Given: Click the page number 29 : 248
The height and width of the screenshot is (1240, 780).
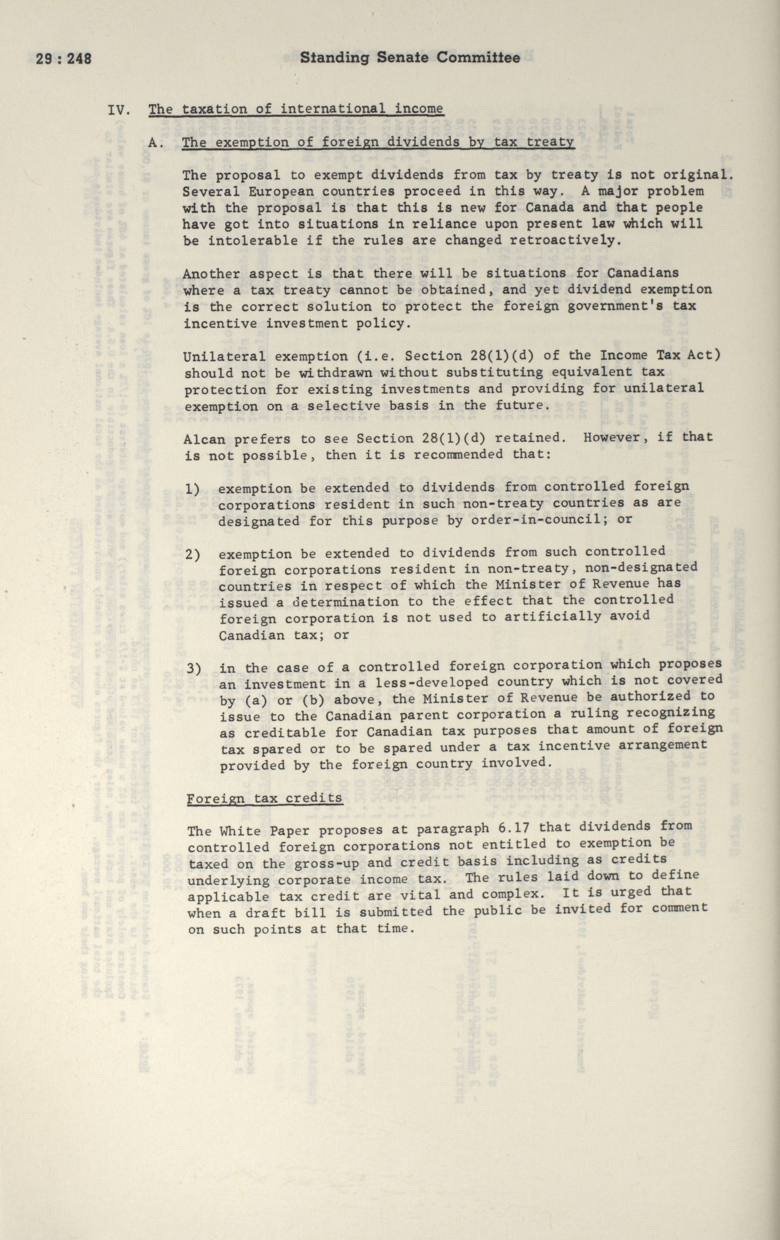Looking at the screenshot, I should point(63,59).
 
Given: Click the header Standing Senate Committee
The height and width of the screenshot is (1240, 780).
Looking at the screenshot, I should point(410,58).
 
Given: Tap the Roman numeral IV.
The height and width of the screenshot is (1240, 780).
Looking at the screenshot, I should point(118,110).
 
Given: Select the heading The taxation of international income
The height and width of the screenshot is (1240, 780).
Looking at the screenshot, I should point(295,109).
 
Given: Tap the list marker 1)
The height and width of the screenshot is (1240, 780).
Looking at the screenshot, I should point(193,488).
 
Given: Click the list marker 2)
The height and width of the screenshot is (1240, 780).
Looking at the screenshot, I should point(193,555).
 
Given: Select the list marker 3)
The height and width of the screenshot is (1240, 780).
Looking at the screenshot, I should point(193,669).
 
